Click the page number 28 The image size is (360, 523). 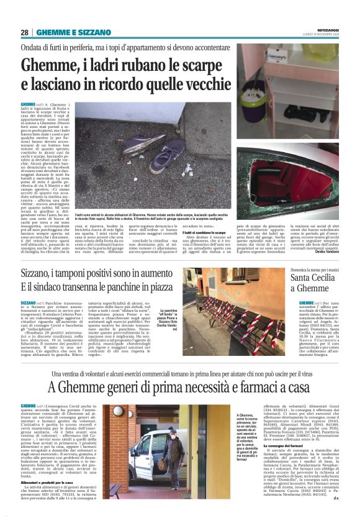pos(25,32)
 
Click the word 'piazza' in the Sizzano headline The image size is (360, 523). pos(155,288)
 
